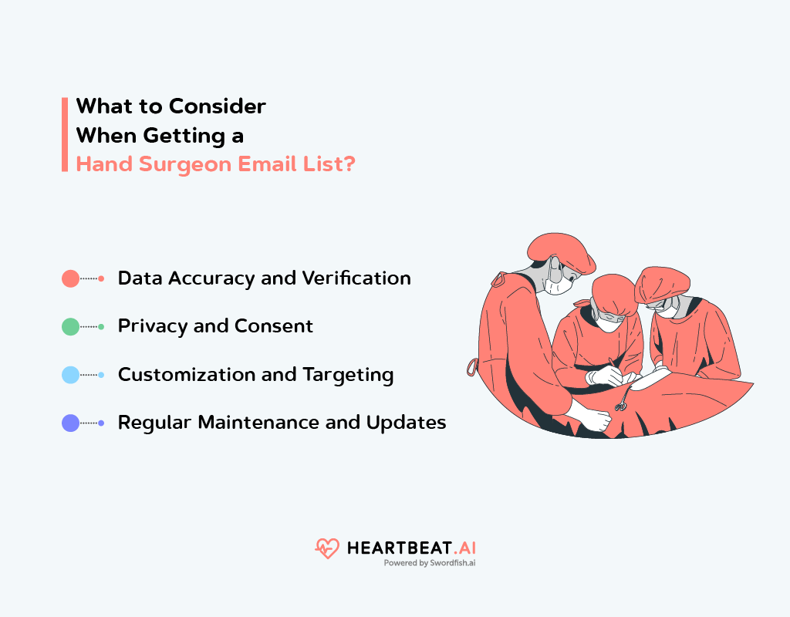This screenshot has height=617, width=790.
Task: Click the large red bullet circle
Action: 70,278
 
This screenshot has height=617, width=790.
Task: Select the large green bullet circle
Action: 70,327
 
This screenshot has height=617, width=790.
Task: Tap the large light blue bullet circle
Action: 70,375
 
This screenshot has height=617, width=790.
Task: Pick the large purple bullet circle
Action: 70,423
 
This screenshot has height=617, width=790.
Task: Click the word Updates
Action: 406,423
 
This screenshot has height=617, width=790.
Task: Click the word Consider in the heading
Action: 217,106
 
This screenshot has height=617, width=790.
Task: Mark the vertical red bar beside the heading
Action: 65,134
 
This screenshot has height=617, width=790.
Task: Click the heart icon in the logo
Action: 327,548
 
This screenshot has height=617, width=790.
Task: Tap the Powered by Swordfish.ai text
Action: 429,563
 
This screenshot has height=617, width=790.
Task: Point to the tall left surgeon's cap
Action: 561,251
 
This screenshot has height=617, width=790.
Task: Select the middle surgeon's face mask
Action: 609,322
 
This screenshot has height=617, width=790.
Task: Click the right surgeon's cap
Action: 661,285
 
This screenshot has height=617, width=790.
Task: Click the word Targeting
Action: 348,376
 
